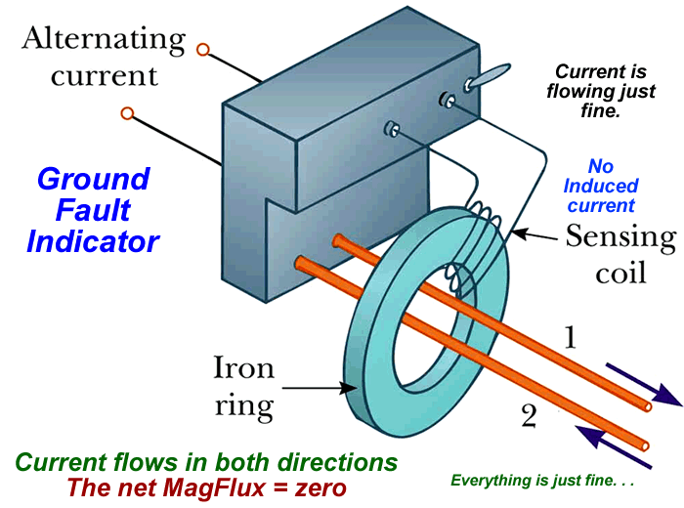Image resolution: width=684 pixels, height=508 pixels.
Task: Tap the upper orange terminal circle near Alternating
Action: [203, 48]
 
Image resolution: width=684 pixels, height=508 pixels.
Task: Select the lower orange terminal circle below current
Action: [127, 113]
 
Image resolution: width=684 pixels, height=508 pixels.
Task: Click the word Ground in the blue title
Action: [94, 180]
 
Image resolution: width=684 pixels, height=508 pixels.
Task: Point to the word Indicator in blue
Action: [93, 240]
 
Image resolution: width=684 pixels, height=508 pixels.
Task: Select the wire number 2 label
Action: [528, 417]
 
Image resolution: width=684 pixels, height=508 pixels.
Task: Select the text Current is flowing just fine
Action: [602, 92]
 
